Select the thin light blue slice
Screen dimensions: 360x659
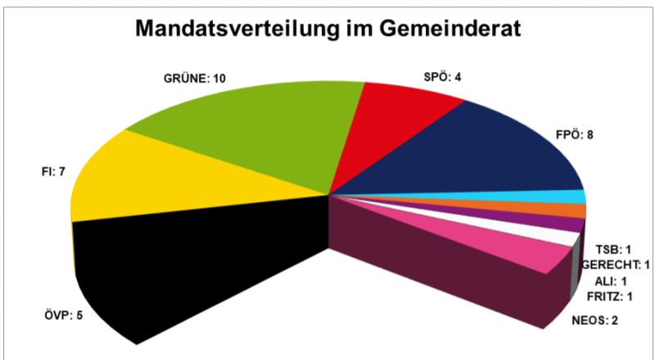click(565, 197)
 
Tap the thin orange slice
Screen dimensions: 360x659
click(565, 210)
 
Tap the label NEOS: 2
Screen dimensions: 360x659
click(594, 319)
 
